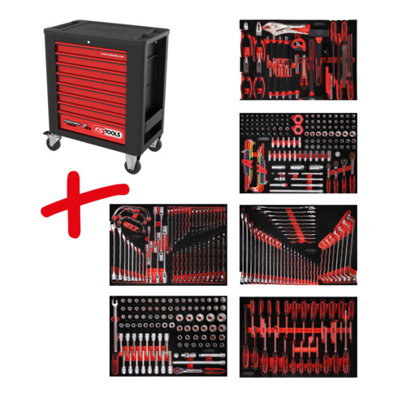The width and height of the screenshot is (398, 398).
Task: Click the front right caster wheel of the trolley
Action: click(130, 165)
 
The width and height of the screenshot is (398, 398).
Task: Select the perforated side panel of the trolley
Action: click(154, 97)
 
